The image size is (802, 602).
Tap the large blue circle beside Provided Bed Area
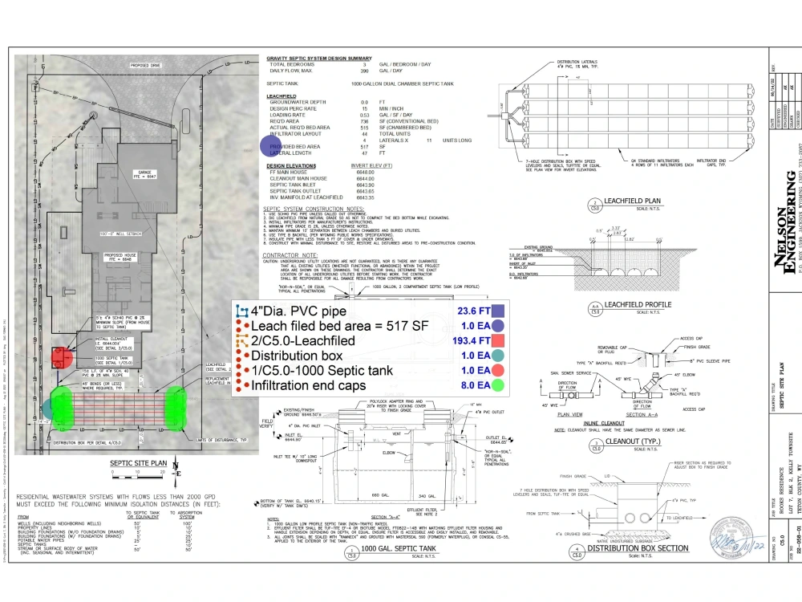(270, 146)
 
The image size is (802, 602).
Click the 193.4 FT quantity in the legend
(471, 341)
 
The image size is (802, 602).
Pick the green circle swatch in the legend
(498, 386)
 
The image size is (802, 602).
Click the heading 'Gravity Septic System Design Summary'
(318, 58)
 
